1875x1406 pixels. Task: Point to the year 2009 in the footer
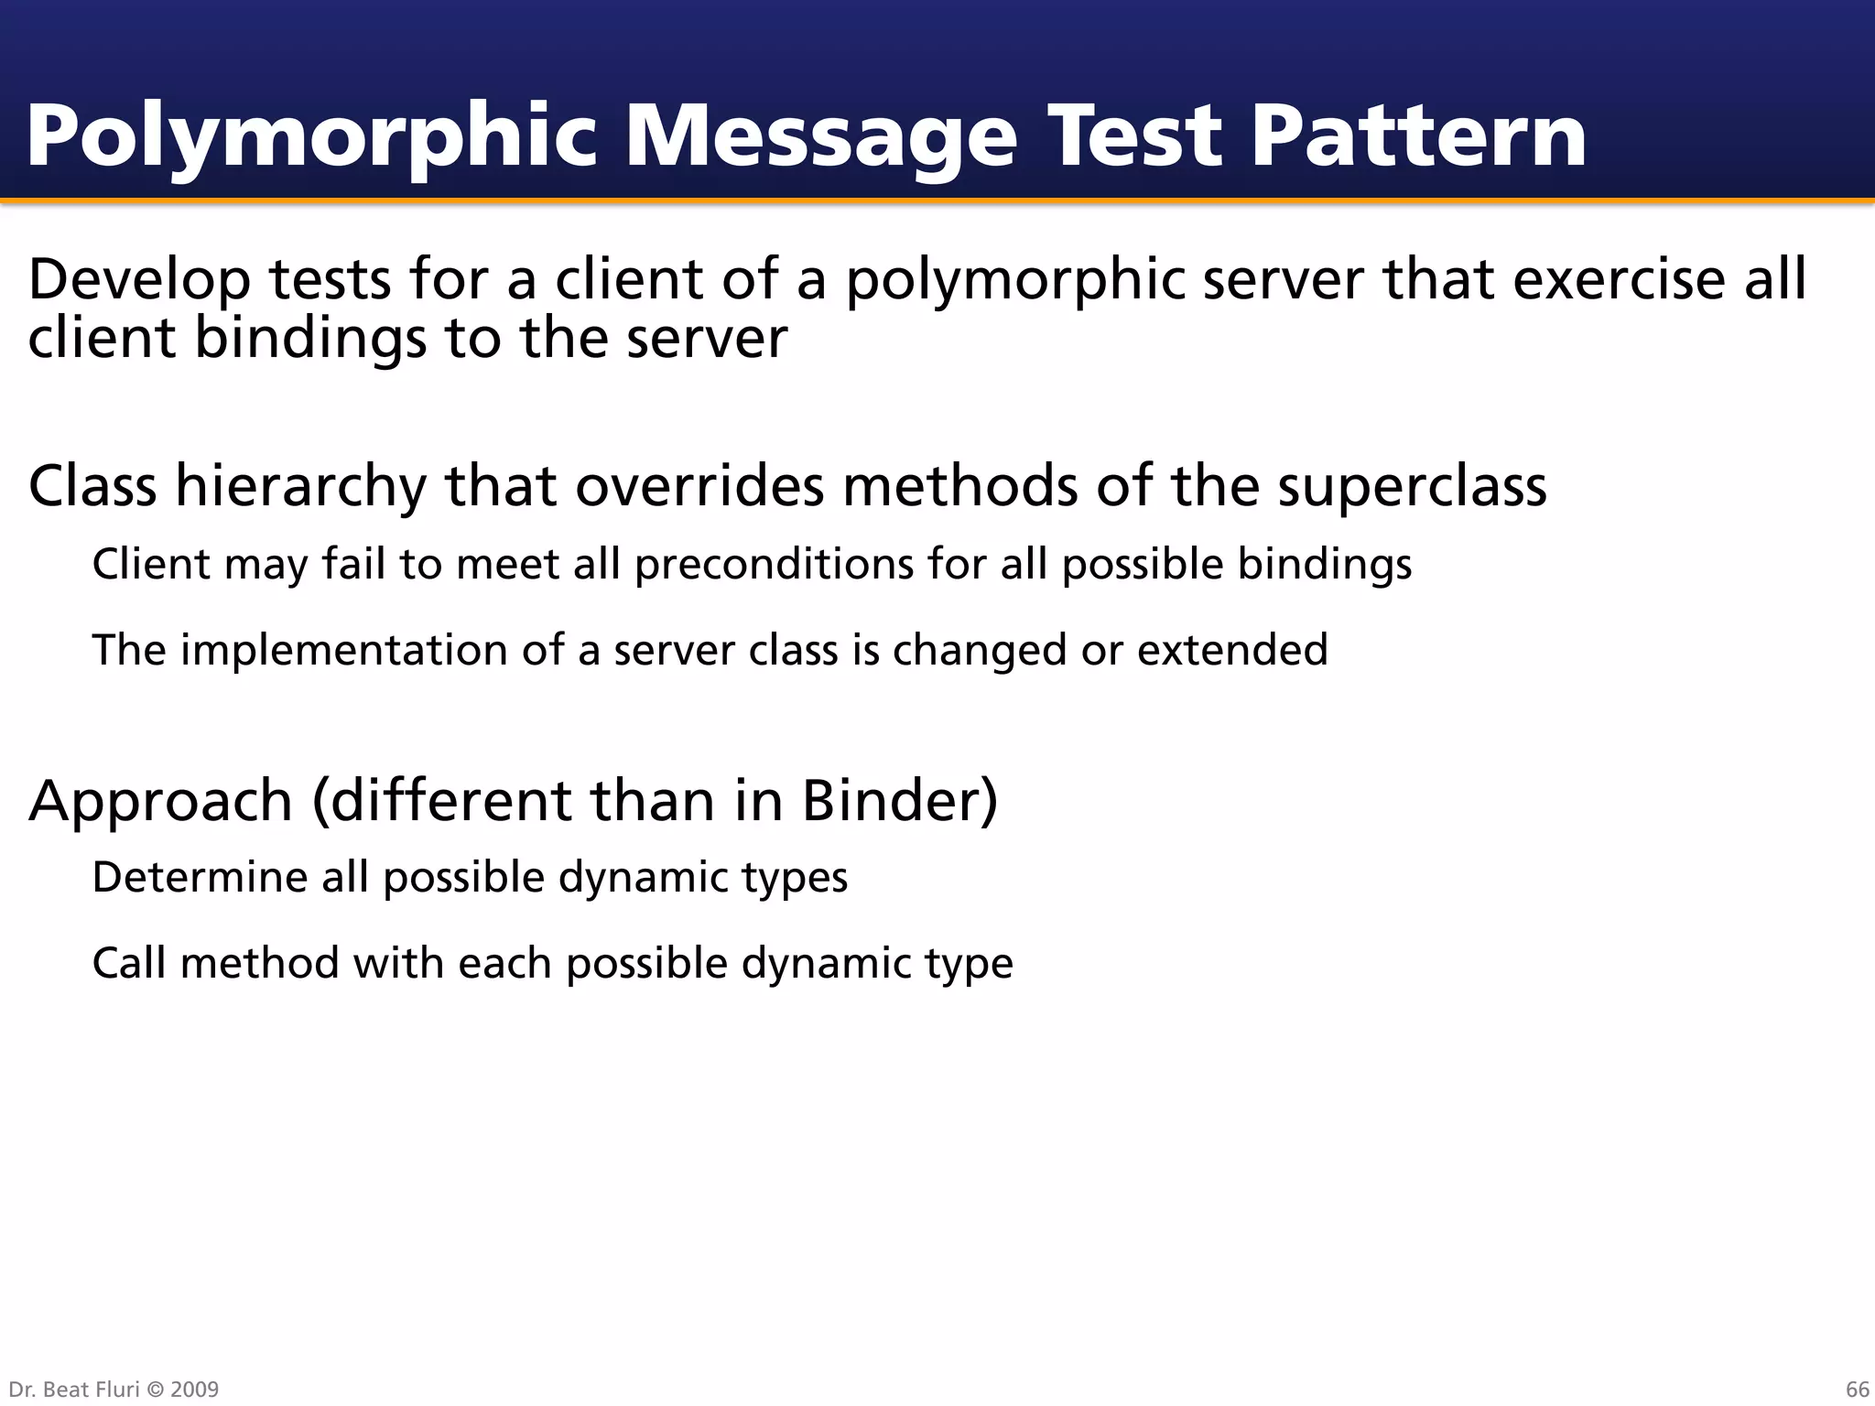tap(195, 1390)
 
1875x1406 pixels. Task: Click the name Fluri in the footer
tap(117, 1390)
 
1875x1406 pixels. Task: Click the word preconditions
tap(774, 564)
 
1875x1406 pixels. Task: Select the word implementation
tap(343, 651)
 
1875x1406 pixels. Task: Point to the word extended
tap(1232, 651)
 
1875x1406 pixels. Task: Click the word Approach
tap(160, 802)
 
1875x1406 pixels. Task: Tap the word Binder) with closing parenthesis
tap(899, 800)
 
